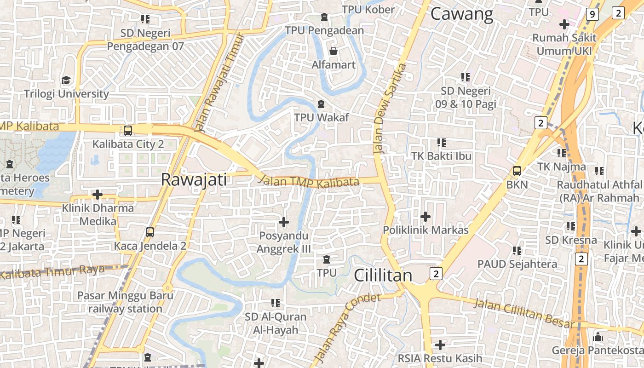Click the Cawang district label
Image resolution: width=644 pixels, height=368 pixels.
pos(462,14)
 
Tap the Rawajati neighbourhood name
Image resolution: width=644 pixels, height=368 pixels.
pos(194,180)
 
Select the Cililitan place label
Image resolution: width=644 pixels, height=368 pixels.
pos(383,275)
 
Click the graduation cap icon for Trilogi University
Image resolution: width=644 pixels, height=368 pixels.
pos(66,81)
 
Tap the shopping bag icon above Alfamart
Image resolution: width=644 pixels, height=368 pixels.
pos(333,51)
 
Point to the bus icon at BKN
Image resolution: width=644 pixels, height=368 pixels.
pos(517,172)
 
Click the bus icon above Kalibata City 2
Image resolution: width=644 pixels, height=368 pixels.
pos(128,131)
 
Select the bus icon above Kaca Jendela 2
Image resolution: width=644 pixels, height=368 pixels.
pos(150,232)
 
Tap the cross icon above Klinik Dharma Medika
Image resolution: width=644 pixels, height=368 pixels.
pos(98,195)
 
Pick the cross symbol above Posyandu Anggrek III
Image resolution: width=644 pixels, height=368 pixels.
pos(284,223)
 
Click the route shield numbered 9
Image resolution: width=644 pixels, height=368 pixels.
pos(592,15)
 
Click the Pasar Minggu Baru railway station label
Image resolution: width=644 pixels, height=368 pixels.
pos(125,302)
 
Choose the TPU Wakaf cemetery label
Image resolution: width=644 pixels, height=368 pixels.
pos(322,117)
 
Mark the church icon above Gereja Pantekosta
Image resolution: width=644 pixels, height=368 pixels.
pos(598,337)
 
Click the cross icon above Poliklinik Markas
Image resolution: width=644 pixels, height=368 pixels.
pos(425,216)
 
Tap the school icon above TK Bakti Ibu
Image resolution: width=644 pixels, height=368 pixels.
pos(442,143)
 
